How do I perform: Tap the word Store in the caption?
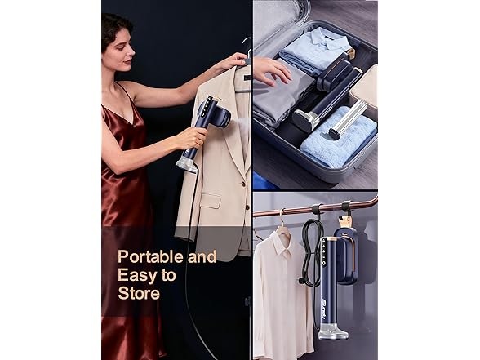click(x=139, y=293)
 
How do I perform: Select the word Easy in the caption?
click(x=135, y=275)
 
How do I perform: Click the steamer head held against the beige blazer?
click(x=218, y=113)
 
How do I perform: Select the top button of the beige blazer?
click(x=243, y=184)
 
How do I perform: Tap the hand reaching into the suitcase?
click(x=270, y=70)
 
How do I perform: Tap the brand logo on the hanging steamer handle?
click(x=326, y=313)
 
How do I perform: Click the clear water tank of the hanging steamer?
click(x=333, y=331)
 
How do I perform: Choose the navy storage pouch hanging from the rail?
click(x=346, y=251)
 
